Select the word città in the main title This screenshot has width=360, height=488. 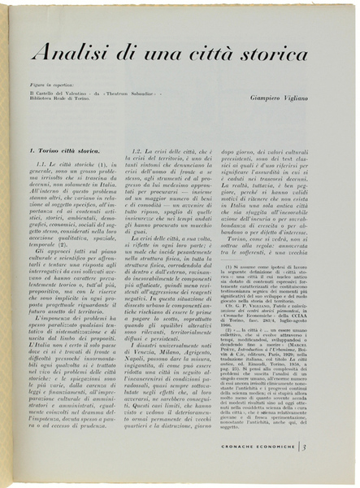pos(189,54)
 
